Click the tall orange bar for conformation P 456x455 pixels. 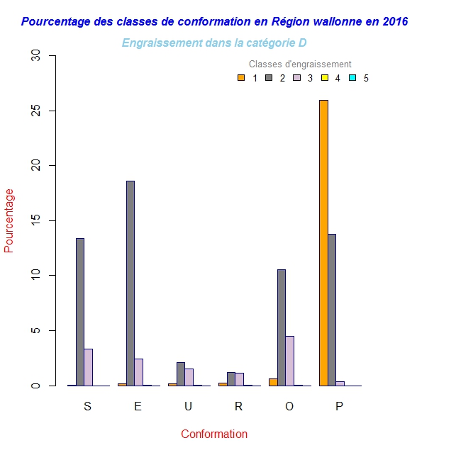pyautogui.click(x=323, y=242)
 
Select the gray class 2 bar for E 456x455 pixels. pyautogui.click(x=130, y=283)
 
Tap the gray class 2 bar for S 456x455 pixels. pyautogui.click(x=80, y=312)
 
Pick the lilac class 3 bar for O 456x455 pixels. pyautogui.click(x=289, y=361)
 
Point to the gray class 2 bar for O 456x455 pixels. pyautogui.click(x=281, y=327)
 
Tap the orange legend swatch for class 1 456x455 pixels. pyautogui.click(x=241, y=78)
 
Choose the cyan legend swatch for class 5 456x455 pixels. pyautogui.click(x=352, y=78)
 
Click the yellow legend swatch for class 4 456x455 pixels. pyautogui.click(x=325, y=78)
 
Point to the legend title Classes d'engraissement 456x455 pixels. pyautogui.click(x=300, y=64)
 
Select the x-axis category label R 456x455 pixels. pyautogui.click(x=238, y=406)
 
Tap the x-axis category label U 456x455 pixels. pyautogui.click(x=188, y=406)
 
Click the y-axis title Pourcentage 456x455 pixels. pyautogui.click(x=9, y=220)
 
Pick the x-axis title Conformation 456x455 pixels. pyautogui.click(x=214, y=434)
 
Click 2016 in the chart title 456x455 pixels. pyautogui.click(x=394, y=21)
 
